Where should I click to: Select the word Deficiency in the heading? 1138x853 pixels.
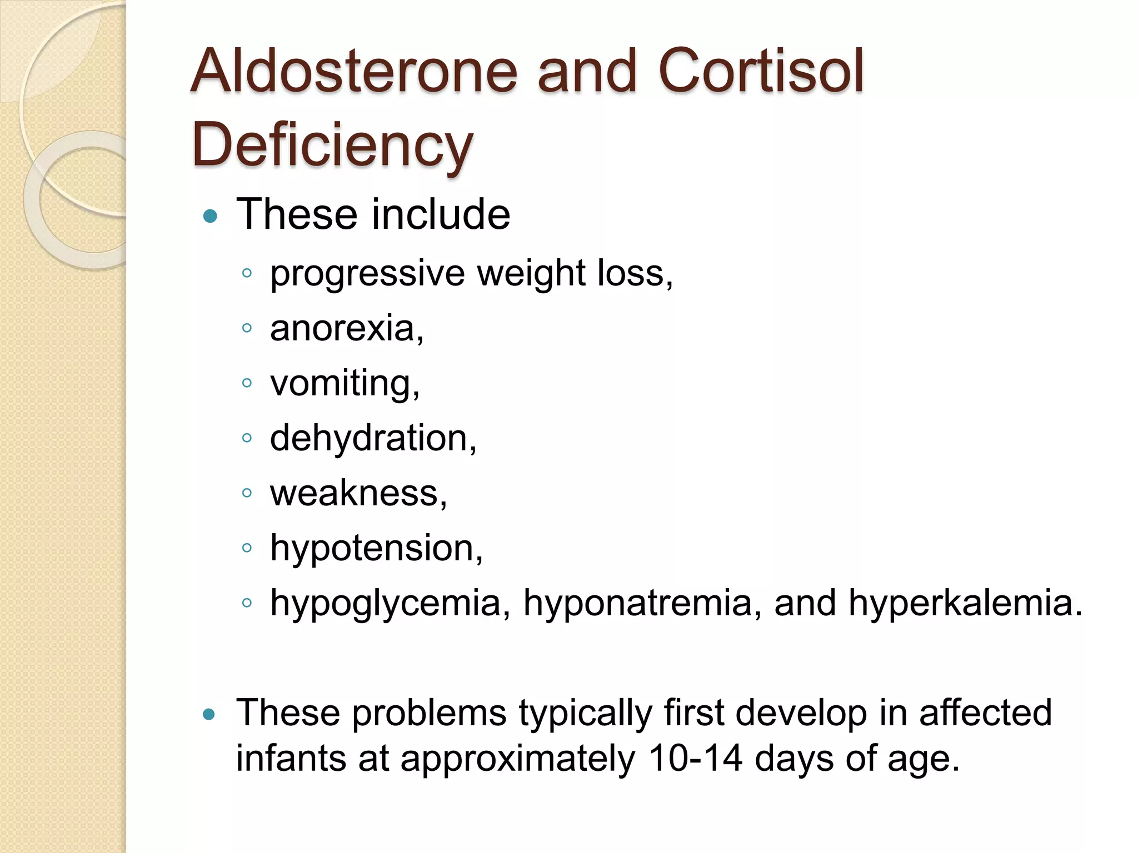pyautogui.click(x=332, y=145)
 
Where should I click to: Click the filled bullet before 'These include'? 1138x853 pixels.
pyautogui.click(x=210, y=216)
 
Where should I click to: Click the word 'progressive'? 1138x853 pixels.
pyautogui.click(x=367, y=274)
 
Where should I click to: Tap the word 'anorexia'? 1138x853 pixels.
pyautogui.click(x=343, y=328)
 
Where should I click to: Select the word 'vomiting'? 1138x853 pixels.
pyautogui.click(x=341, y=384)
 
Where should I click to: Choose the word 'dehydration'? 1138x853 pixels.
pyautogui.click(x=368, y=438)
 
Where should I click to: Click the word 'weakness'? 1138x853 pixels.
pyautogui.click(x=355, y=493)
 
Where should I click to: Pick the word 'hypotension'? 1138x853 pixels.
pyautogui.click(x=372, y=549)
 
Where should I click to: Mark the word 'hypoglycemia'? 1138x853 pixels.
pyautogui.click(x=386, y=604)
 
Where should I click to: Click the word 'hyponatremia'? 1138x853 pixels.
pyautogui.click(x=638, y=604)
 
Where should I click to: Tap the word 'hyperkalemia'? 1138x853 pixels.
pyautogui.click(x=961, y=604)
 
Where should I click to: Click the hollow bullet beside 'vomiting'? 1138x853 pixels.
pyautogui.click(x=247, y=383)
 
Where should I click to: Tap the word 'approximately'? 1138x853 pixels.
pyautogui.click(x=518, y=759)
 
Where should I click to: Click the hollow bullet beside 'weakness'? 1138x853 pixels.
pyautogui.click(x=247, y=493)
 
